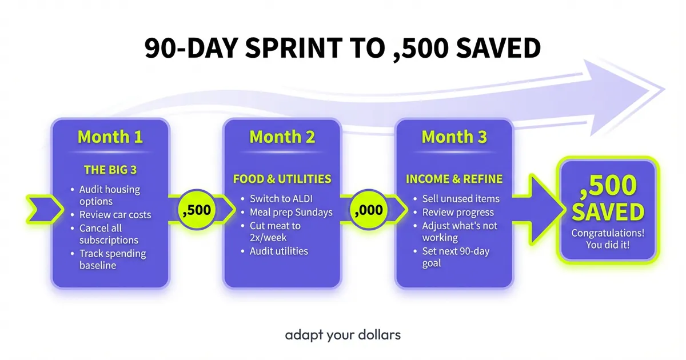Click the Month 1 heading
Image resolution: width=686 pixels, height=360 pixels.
(x=110, y=137)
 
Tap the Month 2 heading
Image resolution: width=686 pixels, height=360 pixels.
(x=282, y=137)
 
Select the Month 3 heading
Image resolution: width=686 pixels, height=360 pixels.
(x=454, y=137)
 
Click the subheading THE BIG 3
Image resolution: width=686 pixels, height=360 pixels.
(x=110, y=169)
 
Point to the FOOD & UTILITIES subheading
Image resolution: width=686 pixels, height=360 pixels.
(x=282, y=179)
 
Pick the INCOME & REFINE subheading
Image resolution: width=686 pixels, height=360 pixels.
(x=454, y=179)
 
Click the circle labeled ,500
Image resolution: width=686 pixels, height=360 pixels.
(x=196, y=210)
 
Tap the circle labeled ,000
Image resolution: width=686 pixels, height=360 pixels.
(x=368, y=210)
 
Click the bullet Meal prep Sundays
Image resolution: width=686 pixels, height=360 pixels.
(x=291, y=212)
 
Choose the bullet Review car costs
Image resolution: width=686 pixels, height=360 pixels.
(x=115, y=215)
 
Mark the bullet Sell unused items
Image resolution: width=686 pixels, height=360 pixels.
(x=461, y=199)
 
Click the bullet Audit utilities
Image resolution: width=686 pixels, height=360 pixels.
(x=279, y=251)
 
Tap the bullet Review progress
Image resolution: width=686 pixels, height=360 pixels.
(x=458, y=212)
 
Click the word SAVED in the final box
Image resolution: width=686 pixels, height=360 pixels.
(x=608, y=213)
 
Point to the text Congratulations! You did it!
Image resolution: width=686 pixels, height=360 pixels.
(x=608, y=239)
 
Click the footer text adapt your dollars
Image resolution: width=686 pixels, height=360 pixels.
(x=343, y=334)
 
